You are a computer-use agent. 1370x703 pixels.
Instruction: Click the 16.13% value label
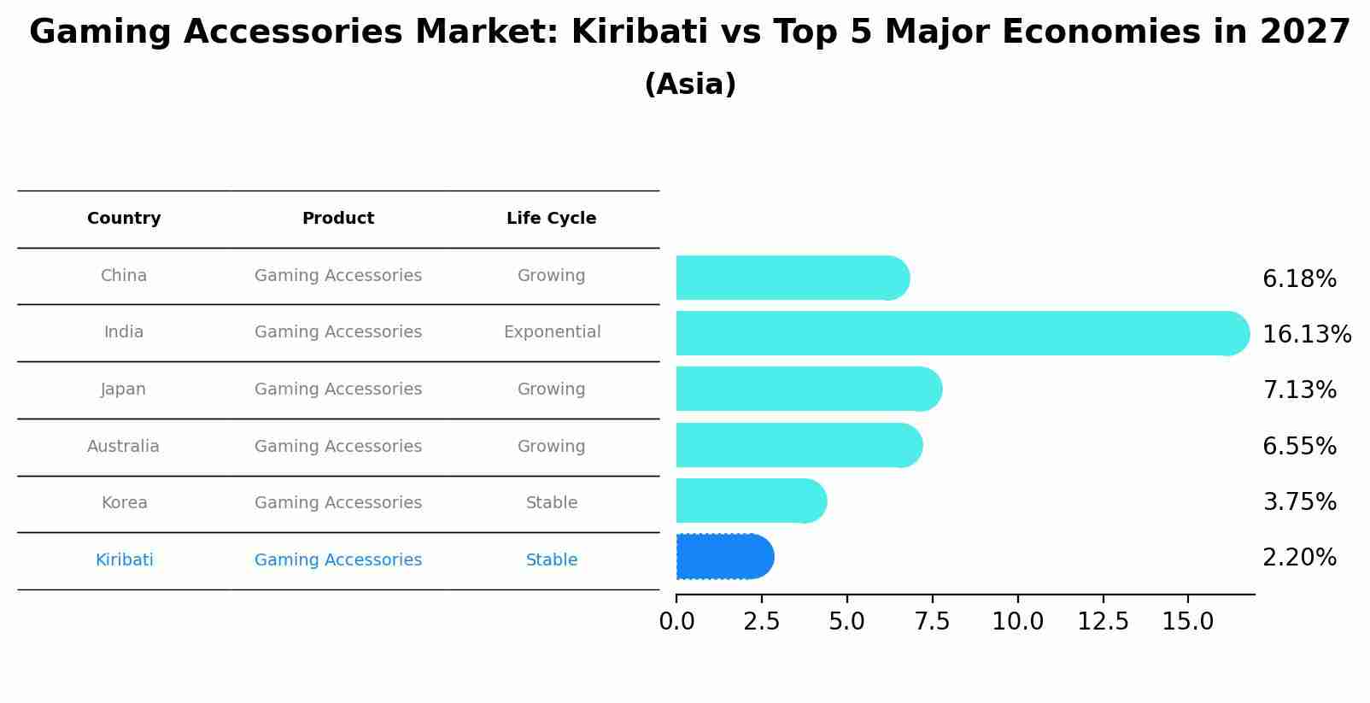pos(1306,334)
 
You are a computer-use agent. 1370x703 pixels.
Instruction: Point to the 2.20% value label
pos(1298,558)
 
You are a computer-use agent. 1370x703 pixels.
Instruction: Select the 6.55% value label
pos(1298,446)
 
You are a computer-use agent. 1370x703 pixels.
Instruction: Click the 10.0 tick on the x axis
pos(1017,622)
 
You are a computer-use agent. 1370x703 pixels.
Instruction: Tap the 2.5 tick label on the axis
pos(761,622)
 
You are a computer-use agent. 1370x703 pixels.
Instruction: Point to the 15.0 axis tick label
pos(1187,622)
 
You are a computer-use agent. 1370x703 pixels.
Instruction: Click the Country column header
pos(124,219)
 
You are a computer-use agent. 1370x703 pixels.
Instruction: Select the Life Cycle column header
pos(551,219)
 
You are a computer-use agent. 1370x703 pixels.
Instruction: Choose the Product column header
pos(338,219)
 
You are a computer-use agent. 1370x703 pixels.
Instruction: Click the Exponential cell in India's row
pos(552,332)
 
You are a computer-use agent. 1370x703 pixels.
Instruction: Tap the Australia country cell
pos(123,446)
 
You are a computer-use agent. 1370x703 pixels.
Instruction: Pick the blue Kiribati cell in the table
pos(124,560)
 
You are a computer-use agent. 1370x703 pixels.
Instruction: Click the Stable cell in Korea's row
pos(552,503)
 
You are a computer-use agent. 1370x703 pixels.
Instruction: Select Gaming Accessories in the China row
pos(338,276)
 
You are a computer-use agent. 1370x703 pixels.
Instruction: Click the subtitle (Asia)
pos(690,85)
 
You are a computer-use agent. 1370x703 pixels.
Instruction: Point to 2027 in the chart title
pos(1304,32)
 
